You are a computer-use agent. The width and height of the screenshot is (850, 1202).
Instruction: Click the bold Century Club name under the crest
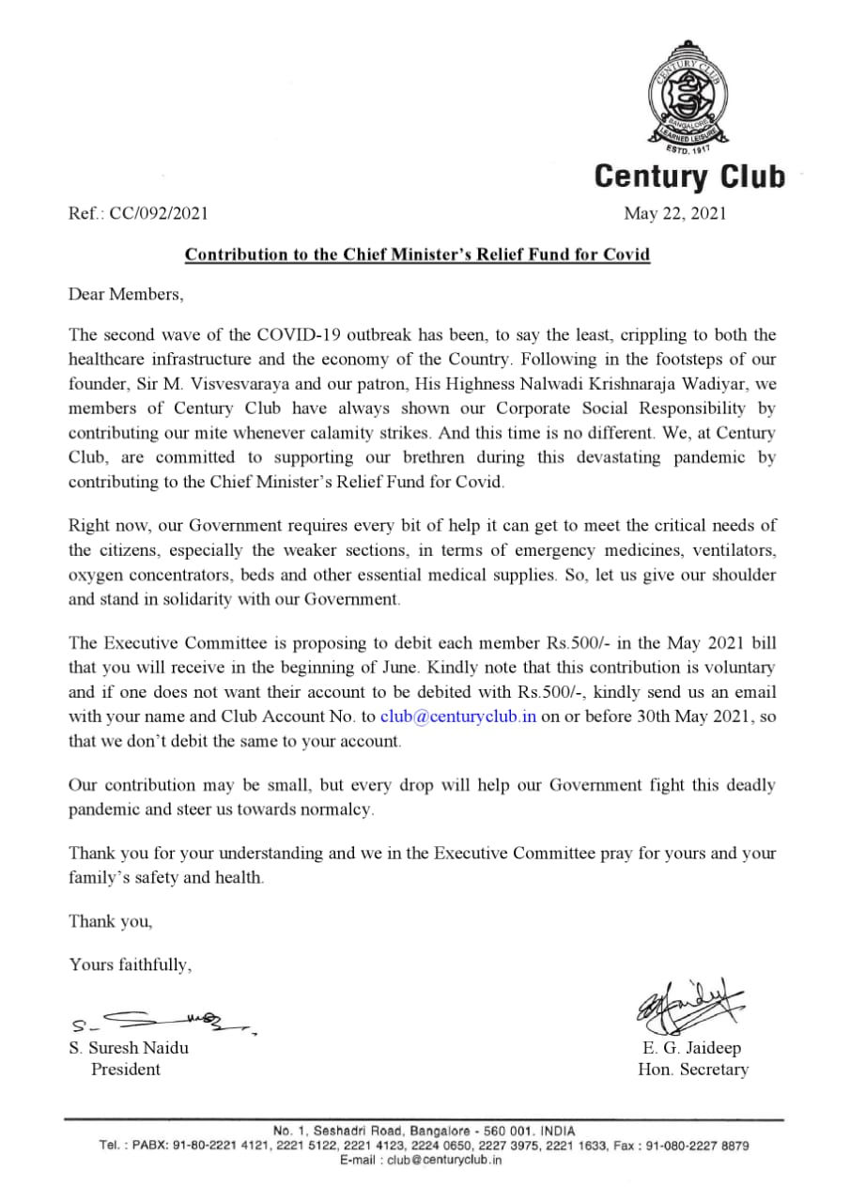(689, 176)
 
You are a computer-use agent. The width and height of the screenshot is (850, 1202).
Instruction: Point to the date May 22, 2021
(675, 213)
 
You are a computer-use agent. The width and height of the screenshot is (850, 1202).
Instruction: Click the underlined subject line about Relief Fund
(417, 254)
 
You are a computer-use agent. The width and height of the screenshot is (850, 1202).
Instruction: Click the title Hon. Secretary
(693, 1070)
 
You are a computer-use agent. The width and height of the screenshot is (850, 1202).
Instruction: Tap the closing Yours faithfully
(131, 964)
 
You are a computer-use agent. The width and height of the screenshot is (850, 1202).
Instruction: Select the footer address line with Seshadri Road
(424, 1131)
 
